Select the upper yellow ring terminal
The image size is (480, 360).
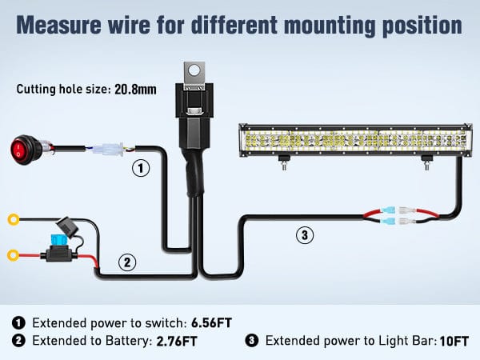[x=13, y=219]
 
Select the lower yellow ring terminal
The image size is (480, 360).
[x=13, y=256]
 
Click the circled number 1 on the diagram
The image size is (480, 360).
[x=141, y=169]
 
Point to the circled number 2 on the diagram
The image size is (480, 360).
[x=126, y=261]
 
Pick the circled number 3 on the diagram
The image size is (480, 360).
[x=304, y=235]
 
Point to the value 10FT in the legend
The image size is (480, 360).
[x=453, y=342]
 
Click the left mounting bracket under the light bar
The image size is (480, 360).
[x=282, y=162]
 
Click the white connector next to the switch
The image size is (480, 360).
[x=109, y=150]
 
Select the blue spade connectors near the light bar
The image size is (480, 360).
[x=398, y=215]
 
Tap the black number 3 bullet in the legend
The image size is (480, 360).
[x=251, y=342]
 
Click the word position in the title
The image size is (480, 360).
[x=423, y=24]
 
